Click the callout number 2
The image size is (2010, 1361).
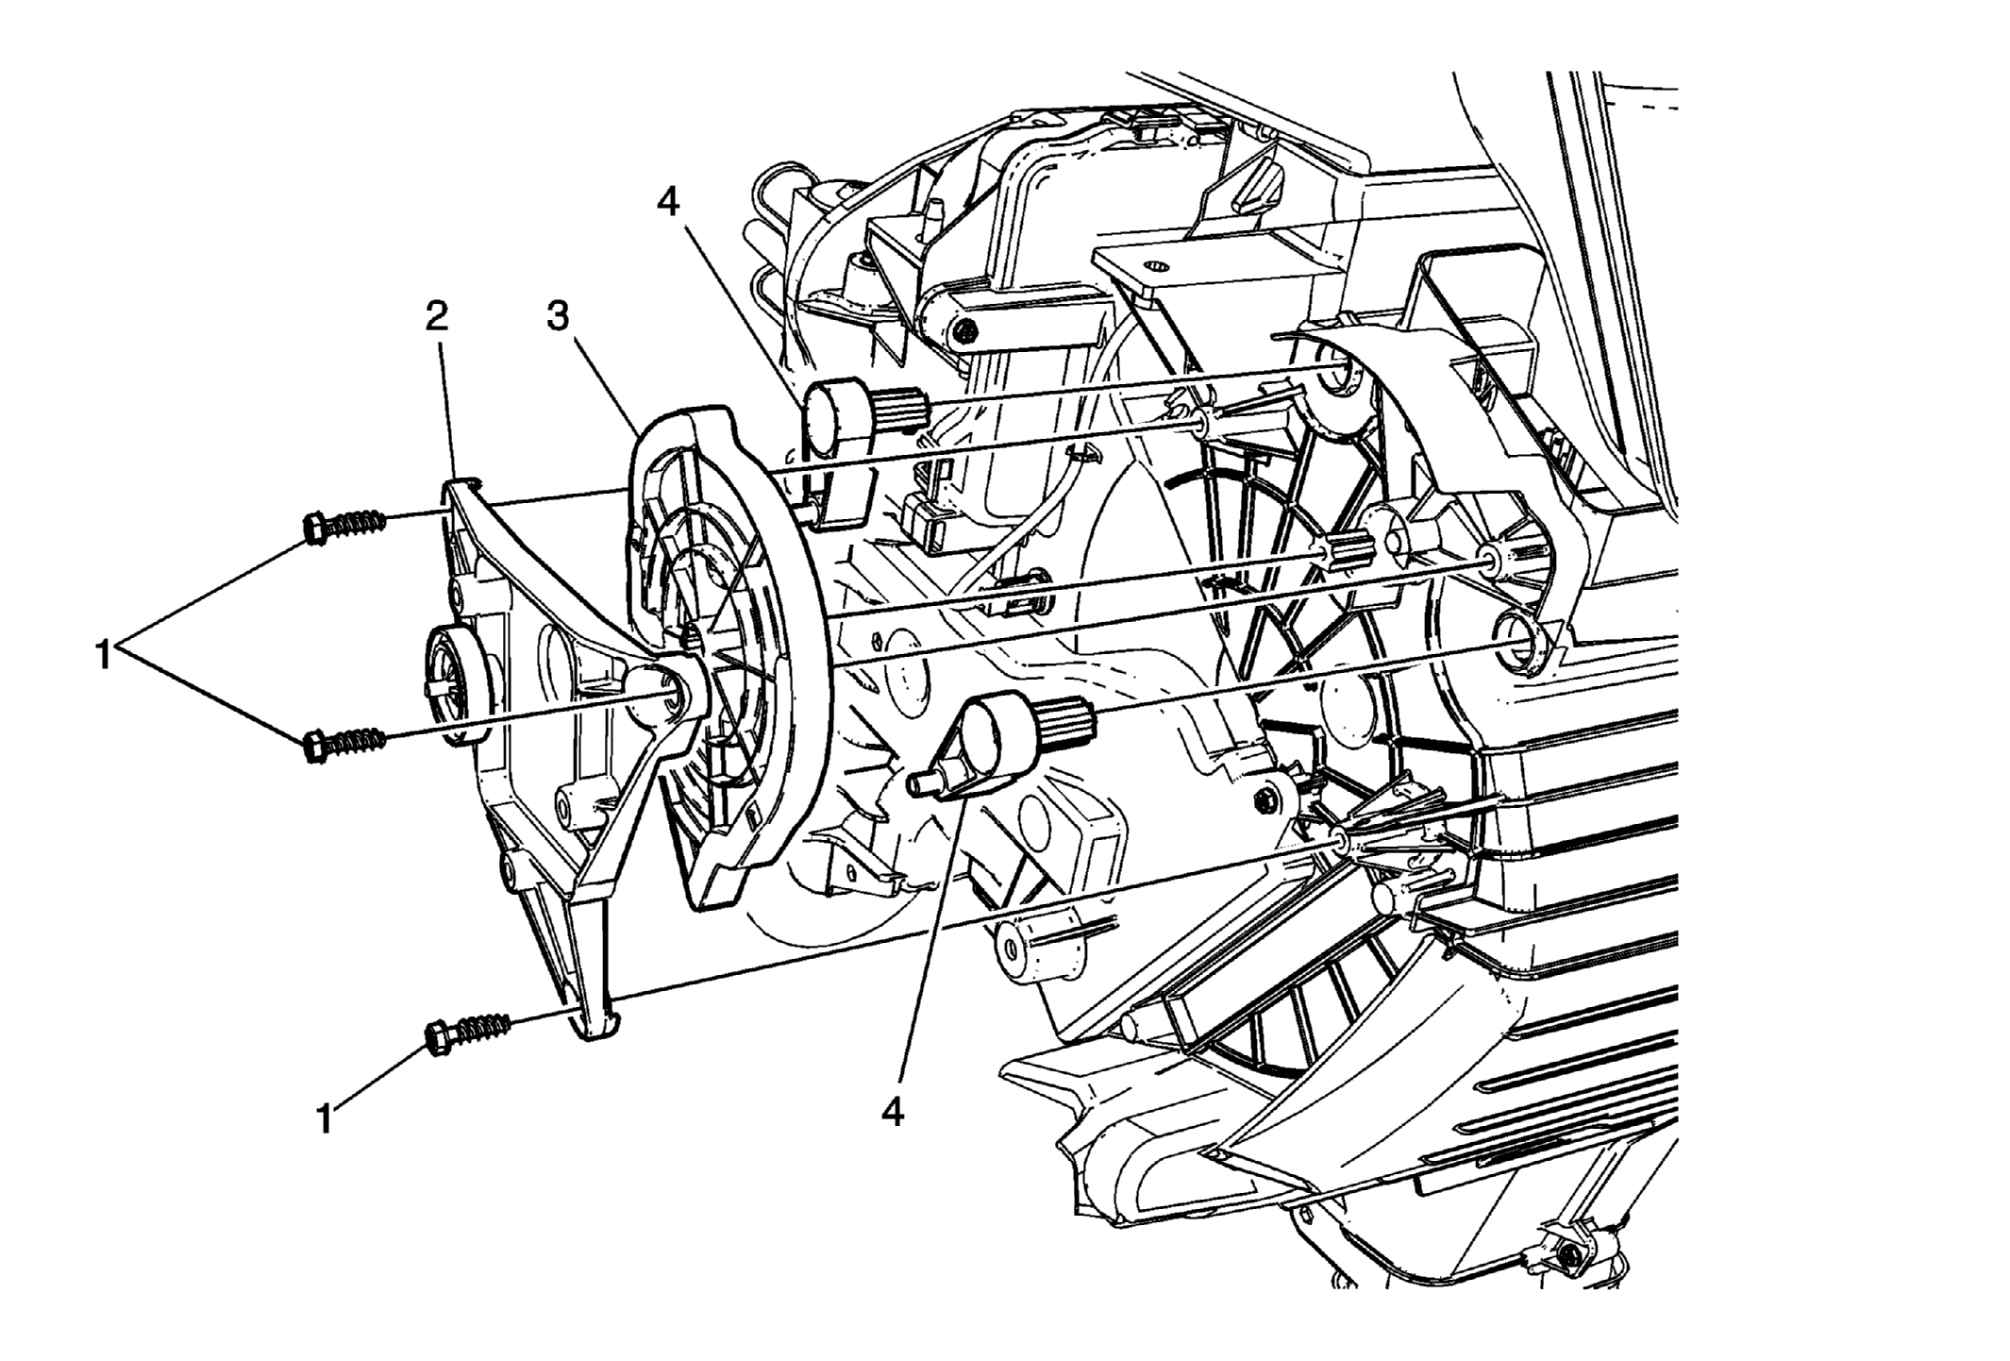coord(435,318)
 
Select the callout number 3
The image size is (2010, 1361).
coord(559,318)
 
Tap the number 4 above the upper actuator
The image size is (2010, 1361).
coord(669,202)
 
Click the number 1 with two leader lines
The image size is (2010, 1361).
coord(105,653)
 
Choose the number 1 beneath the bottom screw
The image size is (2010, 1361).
coord(325,1119)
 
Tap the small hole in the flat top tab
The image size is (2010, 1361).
coord(1156,266)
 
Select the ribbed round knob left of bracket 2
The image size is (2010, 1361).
coord(453,687)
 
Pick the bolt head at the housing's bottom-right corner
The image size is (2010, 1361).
coord(1569,1256)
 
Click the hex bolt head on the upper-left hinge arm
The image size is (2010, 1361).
coord(963,331)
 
